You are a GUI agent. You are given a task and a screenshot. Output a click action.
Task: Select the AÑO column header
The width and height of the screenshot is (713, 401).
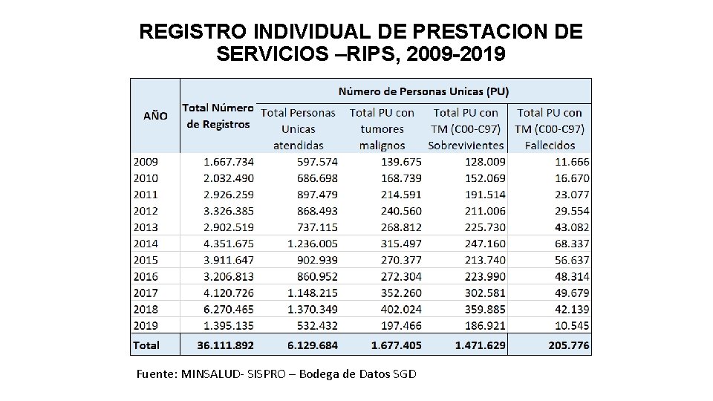(155, 116)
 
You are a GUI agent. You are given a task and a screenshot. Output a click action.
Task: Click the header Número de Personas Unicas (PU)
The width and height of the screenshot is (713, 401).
(423, 91)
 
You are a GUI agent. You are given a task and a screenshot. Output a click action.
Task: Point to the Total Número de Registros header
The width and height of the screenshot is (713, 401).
(218, 116)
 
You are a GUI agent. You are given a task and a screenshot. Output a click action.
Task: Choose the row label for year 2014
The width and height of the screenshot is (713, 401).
(146, 242)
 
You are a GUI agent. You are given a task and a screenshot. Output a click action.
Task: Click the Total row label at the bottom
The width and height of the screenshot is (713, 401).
(147, 345)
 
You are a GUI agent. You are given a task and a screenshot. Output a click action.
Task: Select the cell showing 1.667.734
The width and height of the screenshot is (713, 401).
(227, 161)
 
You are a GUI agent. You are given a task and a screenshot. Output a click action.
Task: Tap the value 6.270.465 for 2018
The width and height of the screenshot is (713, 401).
(227, 310)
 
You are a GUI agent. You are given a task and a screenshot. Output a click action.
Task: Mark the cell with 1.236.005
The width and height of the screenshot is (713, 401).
(307, 242)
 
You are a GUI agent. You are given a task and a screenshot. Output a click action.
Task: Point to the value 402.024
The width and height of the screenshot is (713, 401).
(391, 310)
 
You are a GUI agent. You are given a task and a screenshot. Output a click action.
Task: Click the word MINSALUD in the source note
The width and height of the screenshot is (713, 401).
(207, 374)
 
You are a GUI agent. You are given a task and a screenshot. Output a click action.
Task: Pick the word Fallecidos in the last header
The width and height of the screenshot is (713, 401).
(550, 145)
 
